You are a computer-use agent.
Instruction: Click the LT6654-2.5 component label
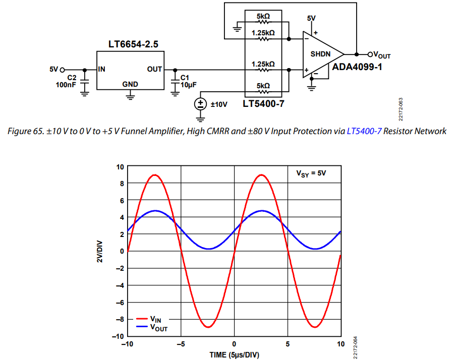coord(133,44)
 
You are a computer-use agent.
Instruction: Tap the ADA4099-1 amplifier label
coord(357,67)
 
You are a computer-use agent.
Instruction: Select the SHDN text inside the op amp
coord(321,53)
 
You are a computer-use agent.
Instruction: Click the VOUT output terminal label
coord(381,54)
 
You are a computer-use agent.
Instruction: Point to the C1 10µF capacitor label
coord(185,81)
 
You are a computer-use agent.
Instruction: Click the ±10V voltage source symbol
coord(201,104)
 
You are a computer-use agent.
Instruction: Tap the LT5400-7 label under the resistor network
coord(263,104)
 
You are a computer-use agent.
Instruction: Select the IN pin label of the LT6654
coord(101,69)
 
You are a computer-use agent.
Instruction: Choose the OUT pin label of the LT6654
coord(154,69)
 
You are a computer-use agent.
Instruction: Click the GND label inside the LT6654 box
coord(130,84)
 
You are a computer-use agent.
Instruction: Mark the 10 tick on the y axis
coord(120,167)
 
